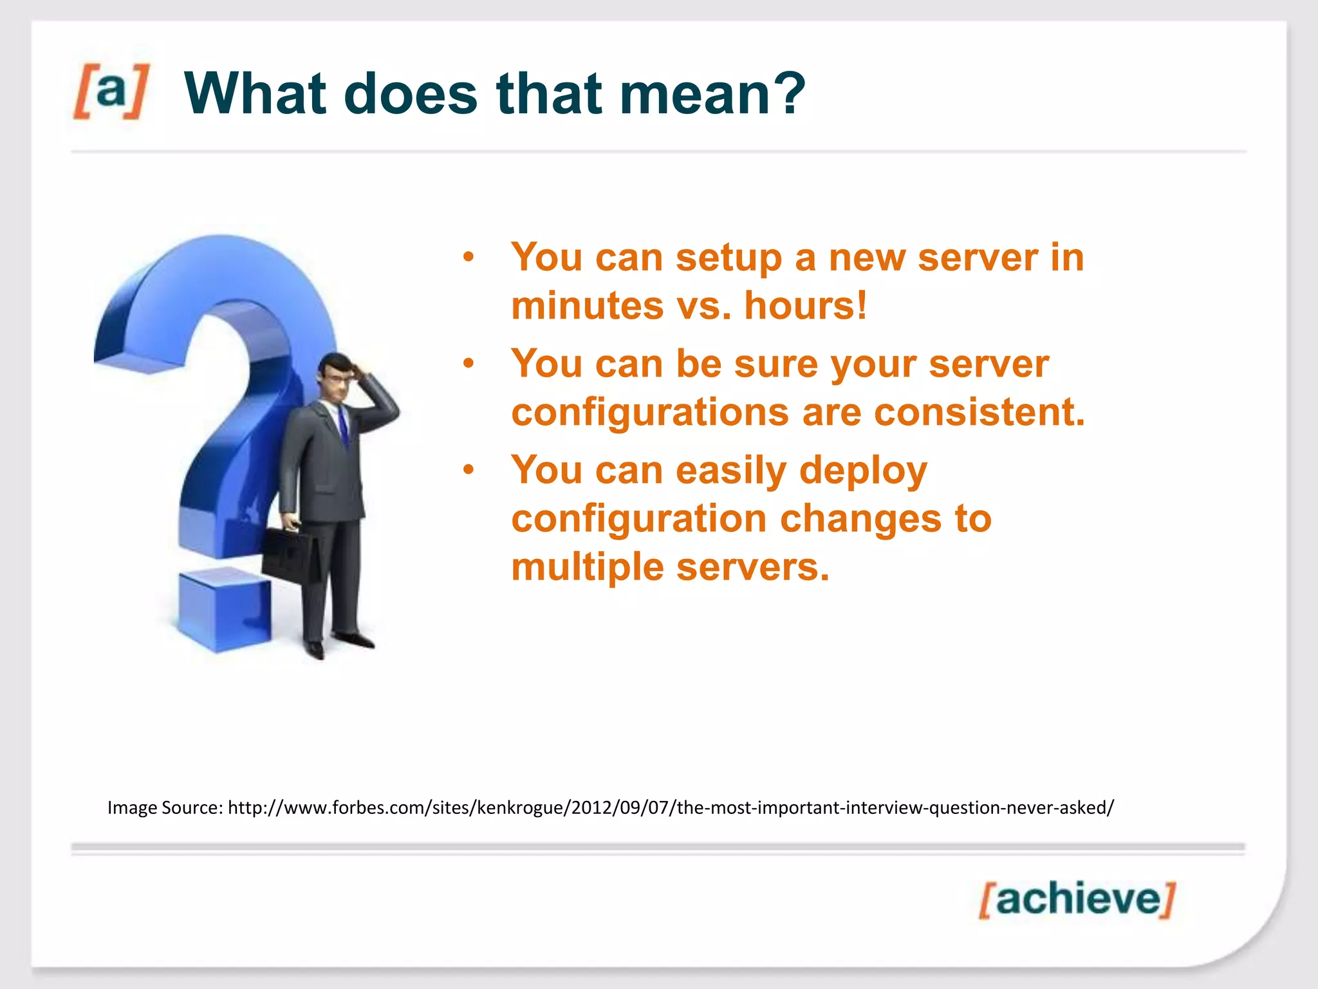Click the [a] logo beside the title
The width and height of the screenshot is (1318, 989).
click(111, 92)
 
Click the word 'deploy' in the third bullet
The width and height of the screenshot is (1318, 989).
click(862, 471)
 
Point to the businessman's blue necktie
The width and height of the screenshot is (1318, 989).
click(343, 425)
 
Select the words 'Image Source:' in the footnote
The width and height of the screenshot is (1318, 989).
click(165, 807)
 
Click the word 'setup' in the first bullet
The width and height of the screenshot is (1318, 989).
click(729, 258)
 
